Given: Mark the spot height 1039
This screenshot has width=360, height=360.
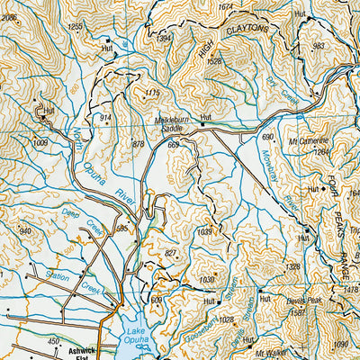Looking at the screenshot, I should click(206, 232).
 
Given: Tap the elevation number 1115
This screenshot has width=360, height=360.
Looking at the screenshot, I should click(151, 92).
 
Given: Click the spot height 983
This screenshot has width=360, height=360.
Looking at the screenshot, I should click(317, 46).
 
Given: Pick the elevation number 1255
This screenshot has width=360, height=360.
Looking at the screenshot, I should click(76, 28).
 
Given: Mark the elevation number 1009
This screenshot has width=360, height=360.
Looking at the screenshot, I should click(40, 142).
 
